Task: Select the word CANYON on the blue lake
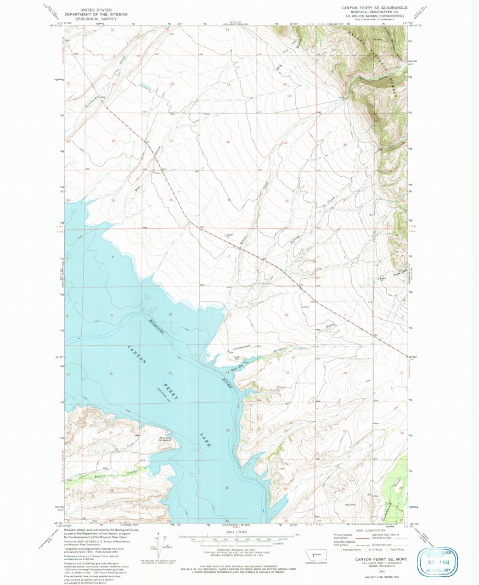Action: tap(137, 357)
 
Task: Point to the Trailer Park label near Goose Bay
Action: tap(237, 358)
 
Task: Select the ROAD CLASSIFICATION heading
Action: tap(367, 531)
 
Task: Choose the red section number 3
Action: tap(172, 256)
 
